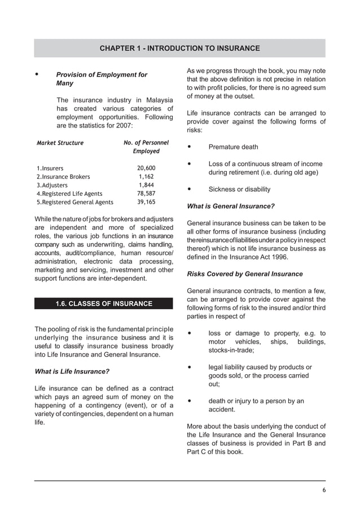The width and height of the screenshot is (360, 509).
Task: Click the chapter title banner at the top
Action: tap(179, 49)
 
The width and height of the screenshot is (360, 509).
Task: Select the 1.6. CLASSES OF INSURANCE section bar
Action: tap(104, 304)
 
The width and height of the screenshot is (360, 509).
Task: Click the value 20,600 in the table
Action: tap(146, 168)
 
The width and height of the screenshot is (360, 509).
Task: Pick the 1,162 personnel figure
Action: tap(146, 177)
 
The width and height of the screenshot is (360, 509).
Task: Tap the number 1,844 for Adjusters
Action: tap(146, 185)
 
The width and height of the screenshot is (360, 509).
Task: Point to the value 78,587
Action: tap(146, 194)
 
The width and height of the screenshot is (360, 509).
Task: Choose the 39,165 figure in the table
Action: tap(146, 202)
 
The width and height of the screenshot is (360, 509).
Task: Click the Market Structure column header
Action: tap(60, 143)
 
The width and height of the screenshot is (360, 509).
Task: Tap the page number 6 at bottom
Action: tap(324, 489)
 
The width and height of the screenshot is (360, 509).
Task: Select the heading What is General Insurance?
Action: tap(230, 206)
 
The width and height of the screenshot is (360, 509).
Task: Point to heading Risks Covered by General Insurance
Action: tap(244, 274)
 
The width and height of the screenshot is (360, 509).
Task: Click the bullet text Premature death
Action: tap(233, 147)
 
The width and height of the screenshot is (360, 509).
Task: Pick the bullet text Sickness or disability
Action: tap(239, 190)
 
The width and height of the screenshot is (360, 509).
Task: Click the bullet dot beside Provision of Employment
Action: tap(37, 74)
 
